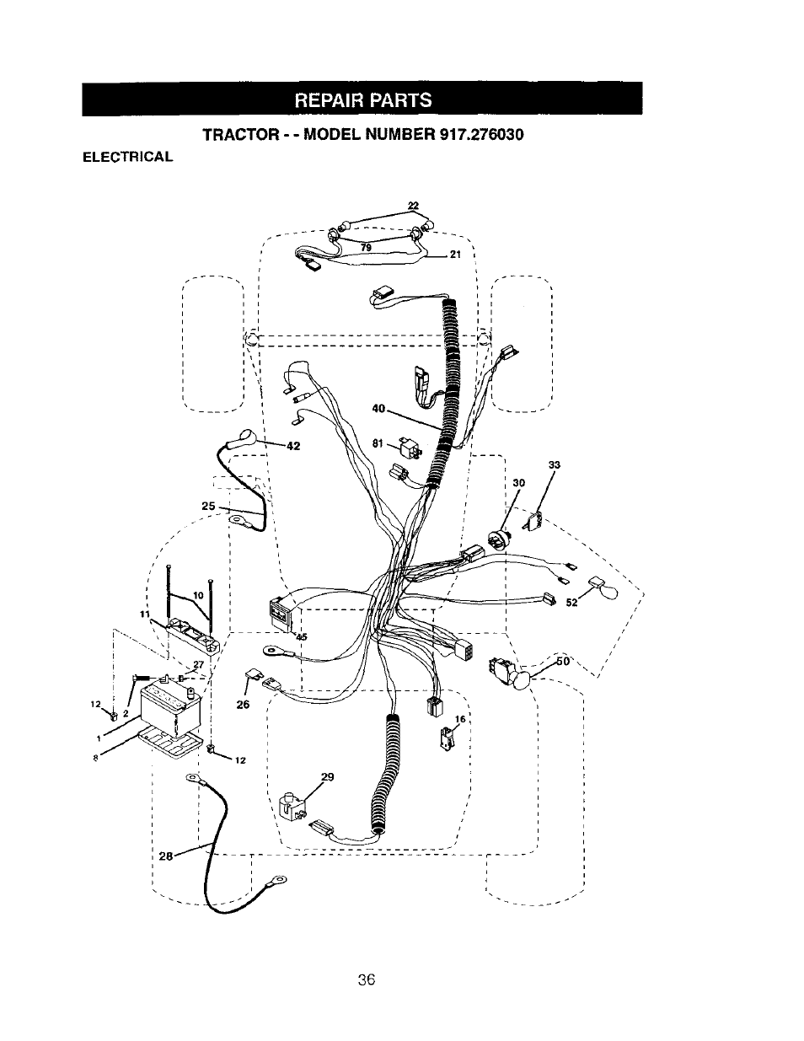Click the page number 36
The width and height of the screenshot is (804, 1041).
coord(365,979)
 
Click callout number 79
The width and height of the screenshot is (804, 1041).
coord(366,247)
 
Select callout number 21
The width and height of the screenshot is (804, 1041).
coord(455,256)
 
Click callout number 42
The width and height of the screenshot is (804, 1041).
coord(293,447)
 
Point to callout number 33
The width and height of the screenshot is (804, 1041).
coord(554,464)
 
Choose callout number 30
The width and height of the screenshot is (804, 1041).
coord(519,483)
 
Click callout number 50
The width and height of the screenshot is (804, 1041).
coord(563,662)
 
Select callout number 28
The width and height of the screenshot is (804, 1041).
coord(165,856)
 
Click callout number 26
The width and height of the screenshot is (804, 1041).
coord(244,705)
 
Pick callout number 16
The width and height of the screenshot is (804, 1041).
coord(460,719)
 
